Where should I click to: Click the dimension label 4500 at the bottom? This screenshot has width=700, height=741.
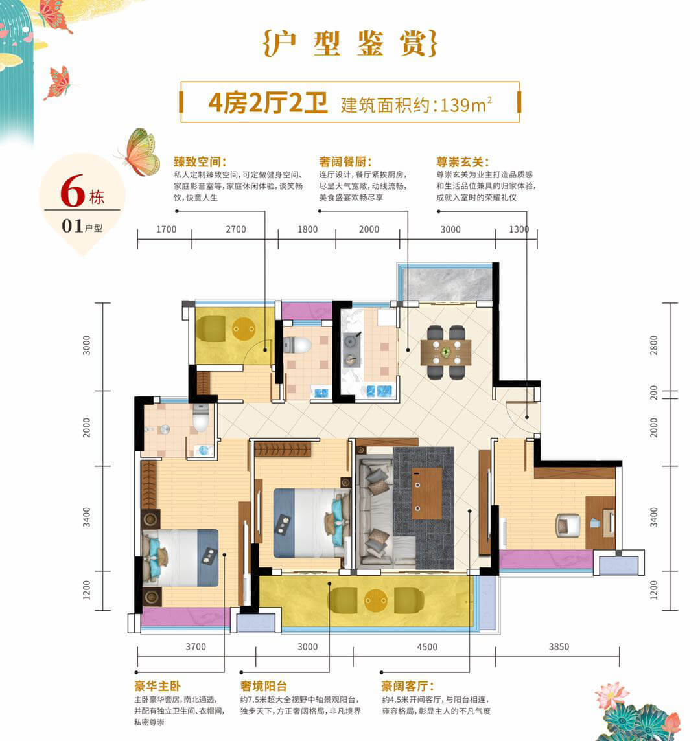[426, 647]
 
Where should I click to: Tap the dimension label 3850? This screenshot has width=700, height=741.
[559, 647]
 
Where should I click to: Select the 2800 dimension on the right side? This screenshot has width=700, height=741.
[653, 345]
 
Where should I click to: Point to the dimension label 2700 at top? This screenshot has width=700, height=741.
[235, 229]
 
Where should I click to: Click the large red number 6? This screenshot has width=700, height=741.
[73, 191]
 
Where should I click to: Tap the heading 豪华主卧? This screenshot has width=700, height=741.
[157, 686]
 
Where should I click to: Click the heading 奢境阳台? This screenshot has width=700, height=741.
[263, 686]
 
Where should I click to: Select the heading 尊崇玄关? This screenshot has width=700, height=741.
[461, 162]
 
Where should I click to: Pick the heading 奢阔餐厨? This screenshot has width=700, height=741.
[345, 162]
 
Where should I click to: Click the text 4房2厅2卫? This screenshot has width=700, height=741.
[268, 102]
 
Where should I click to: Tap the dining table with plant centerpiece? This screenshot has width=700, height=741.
[445, 352]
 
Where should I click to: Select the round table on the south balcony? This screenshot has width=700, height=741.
[376, 600]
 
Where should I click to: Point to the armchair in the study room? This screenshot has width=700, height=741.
[568, 525]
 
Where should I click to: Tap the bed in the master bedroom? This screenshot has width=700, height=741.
[180, 558]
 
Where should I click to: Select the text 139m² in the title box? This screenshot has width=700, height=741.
[466, 104]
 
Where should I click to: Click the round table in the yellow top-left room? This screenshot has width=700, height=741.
[244, 328]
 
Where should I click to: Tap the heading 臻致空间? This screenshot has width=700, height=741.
[200, 162]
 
